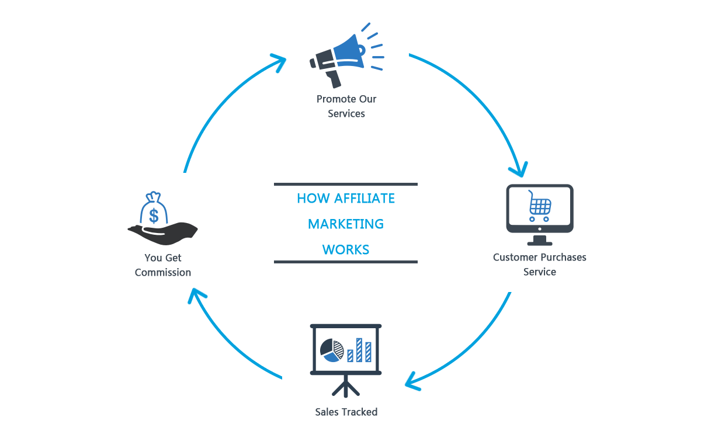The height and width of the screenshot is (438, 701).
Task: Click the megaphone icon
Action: coord(345,55)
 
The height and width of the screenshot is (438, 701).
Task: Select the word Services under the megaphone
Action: coord(346,114)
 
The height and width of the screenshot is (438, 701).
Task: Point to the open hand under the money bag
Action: coord(164,233)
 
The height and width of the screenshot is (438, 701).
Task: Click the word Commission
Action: coord(163,273)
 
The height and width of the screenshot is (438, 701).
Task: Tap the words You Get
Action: coord(163,258)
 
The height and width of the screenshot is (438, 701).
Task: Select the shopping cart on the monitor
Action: coord(539,206)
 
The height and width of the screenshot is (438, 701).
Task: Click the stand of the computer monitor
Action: coord(539,240)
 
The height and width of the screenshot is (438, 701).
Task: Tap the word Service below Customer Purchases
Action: coord(539,272)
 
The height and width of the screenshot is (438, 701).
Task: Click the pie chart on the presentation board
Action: coord(331,349)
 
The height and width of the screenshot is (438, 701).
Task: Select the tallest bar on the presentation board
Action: coord(368,352)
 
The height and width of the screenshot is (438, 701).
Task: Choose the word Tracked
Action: coord(359,412)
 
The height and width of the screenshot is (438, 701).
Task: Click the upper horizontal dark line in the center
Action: coord(346,184)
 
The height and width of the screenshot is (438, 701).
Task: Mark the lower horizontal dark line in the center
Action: coord(346,262)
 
